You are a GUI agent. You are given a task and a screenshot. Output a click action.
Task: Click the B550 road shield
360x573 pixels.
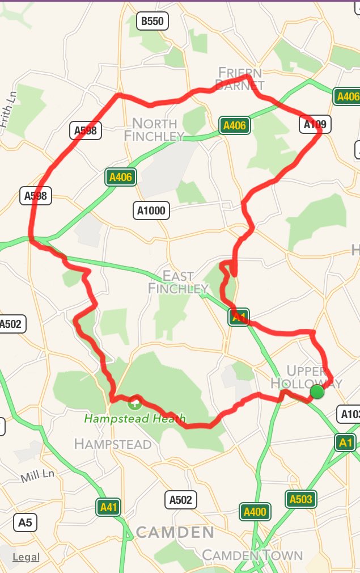[x=152, y=22]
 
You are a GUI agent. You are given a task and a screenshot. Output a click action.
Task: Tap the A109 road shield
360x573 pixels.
[x=315, y=124]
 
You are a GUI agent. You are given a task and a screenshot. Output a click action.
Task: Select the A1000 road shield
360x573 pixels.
[x=151, y=211]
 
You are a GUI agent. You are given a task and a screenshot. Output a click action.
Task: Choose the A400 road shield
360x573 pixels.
[x=255, y=512]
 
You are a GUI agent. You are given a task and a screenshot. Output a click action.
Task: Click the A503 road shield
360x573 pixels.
[x=300, y=499]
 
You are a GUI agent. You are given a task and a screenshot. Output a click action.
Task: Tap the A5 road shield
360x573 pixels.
[x=25, y=523]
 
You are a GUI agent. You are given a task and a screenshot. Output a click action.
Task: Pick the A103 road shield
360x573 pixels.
[x=350, y=414]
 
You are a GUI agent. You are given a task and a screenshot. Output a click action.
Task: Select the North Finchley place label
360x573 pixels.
[x=154, y=129]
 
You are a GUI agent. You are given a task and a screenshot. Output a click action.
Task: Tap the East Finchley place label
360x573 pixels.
[x=178, y=282]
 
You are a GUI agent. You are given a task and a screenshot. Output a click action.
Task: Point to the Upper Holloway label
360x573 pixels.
[x=306, y=376]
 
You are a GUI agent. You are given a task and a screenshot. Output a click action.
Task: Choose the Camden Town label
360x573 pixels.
[x=252, y=554]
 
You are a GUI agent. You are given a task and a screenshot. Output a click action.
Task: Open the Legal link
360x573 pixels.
[x=26, y=557]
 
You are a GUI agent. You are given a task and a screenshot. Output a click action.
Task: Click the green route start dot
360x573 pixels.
[x=317, y=391]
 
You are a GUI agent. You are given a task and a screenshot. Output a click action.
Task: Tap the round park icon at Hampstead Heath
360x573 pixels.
[x=134, y=404]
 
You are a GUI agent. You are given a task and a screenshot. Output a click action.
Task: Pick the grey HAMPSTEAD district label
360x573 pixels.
[x=113, y=443]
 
